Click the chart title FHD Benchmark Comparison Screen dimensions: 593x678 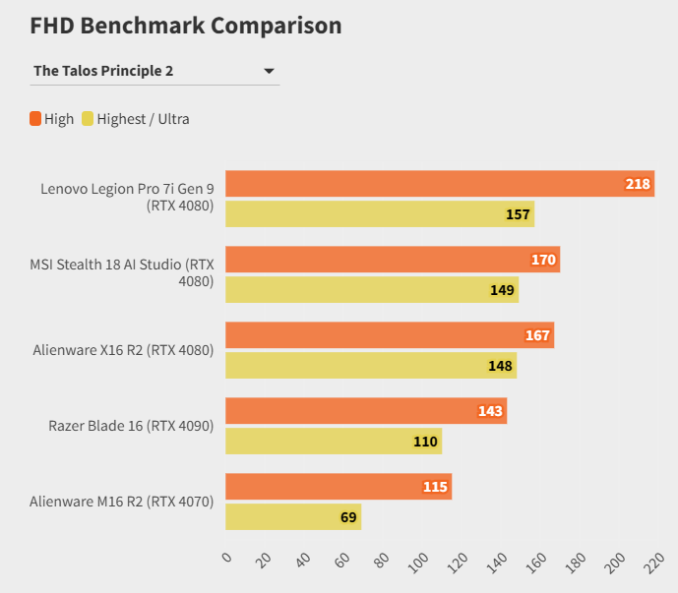pyautogui.click(x=186, y=27)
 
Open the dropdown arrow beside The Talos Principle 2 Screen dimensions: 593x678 pyautogui.click(x=269, y=71)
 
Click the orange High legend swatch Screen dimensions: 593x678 pyautogui.click(x=35, y=119)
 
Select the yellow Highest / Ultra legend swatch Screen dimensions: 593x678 pyautogui.click(x=88, y=119)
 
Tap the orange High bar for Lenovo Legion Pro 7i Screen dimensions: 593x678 pyautogui.click(x=440, y=184)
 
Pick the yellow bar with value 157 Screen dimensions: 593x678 pyautogui.click(x=380, y=214)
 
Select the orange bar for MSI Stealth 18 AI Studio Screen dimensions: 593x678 pyautogui.click(x=393, y=260)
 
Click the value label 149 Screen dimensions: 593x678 pyautogui.click(x=502, y=290)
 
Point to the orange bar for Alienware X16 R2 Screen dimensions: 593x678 pyautogui.click(x=390, y=335)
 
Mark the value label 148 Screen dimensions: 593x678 pyautogui.click(x=500, y=366)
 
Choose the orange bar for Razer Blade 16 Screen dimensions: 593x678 pyautogui.click(x=366, y=411)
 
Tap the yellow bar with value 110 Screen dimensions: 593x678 pyautogui.click(x=334, y=442)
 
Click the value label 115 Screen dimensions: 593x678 pyautogui.click(x=435, y=487)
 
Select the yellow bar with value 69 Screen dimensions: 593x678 pyautogui.click(x=293, y=517)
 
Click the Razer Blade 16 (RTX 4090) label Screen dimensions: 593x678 pyautogui.click(x=131, y=426)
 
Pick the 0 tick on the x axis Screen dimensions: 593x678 pyautogui.click(x=227, y=558)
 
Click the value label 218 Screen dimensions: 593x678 pyautogui.click(x=638, y=184)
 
